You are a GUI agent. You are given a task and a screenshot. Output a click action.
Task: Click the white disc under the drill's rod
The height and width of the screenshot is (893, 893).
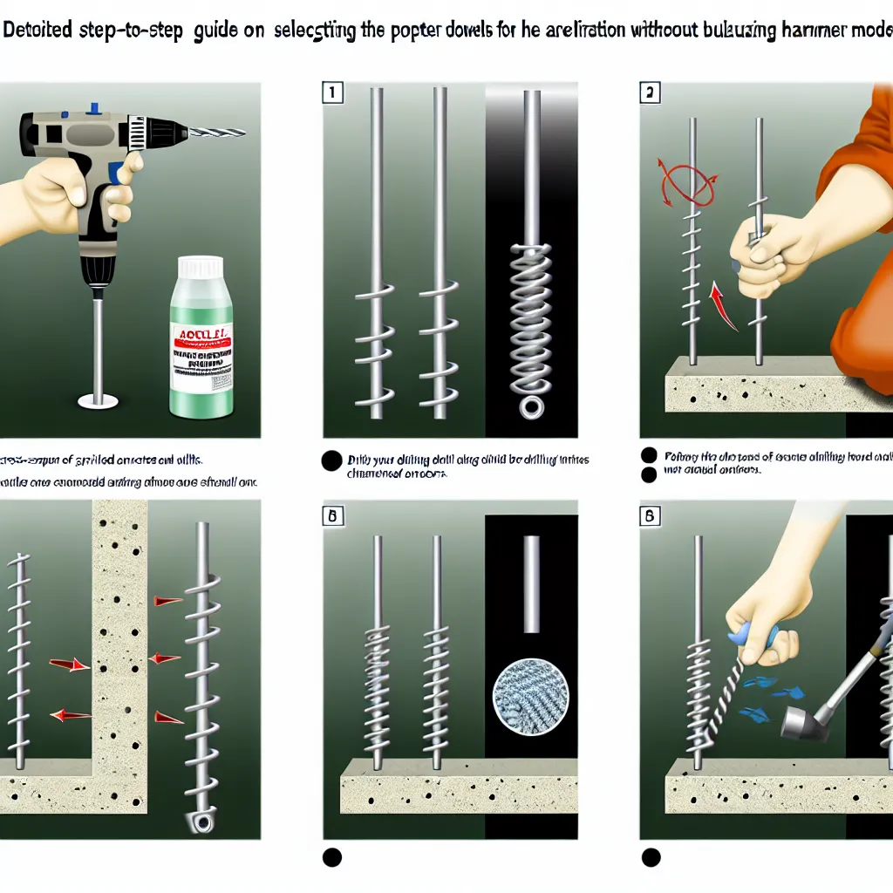pos(97,401)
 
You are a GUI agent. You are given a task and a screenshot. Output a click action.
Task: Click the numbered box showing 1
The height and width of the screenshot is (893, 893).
pos(331,93)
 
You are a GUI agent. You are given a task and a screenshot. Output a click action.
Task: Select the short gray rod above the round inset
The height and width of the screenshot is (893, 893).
pos(530,583)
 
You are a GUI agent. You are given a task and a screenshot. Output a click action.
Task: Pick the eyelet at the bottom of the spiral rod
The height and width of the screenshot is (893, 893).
pos(200,821)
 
